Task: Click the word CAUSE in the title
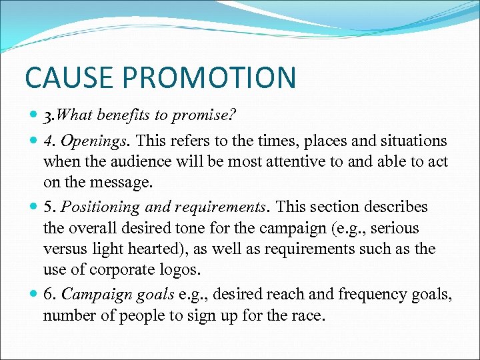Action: click(62, 77)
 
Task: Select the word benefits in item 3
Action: click(124, 115)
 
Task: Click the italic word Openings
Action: click(83, 141)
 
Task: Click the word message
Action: click(127, 182)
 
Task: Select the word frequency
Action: click(367, 295)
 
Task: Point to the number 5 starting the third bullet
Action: click(47, 207)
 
